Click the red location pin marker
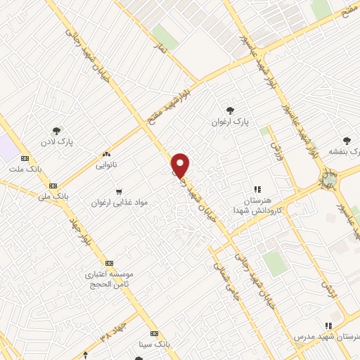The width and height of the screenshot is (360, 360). [x=181, y=165]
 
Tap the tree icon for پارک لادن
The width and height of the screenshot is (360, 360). [x=57, y=130]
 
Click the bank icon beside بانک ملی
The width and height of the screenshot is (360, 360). [x=53, y=185]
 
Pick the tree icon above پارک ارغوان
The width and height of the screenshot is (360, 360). [x=230, y=109]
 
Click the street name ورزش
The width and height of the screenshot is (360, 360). [x=274, y=146]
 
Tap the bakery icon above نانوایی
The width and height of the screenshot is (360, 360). [x=106, y=154]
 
